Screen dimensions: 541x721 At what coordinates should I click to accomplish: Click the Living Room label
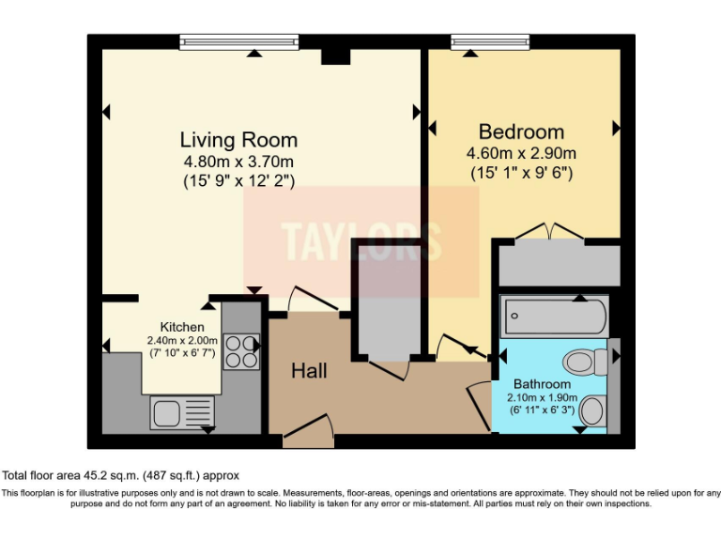(238, 140)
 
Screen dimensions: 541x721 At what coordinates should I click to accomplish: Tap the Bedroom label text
(521, 131)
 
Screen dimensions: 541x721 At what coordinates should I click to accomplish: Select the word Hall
(309, 371)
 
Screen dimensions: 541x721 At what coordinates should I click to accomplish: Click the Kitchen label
(181, 327)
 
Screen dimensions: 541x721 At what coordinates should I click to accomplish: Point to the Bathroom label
(542, 384)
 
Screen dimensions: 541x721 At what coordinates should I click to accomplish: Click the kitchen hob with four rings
(241, 351)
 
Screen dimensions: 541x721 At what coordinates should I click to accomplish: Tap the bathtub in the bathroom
(555, 317)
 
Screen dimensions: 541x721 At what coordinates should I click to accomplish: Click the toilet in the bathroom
(586, 361)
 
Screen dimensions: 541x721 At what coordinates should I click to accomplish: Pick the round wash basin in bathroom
(592, 410)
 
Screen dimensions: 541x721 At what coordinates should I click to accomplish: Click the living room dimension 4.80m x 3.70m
(238, 162)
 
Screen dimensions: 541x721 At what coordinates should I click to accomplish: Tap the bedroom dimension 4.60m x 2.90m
(521, 153)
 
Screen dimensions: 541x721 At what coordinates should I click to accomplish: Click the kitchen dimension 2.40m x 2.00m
(181, 340)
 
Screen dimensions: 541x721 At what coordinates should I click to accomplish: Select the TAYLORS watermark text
(361, 241)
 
